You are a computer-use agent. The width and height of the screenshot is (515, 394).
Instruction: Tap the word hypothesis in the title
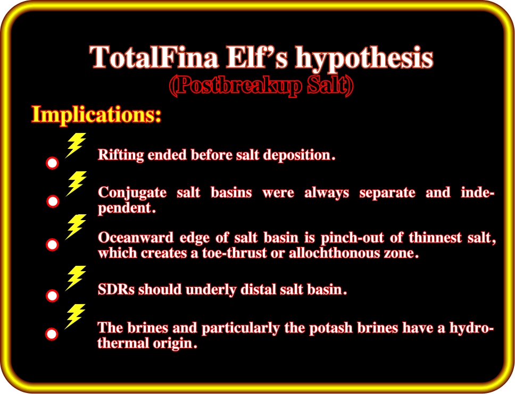364,58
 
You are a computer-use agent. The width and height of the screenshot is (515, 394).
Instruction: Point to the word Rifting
121,155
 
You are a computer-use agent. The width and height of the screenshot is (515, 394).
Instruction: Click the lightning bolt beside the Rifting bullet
76,146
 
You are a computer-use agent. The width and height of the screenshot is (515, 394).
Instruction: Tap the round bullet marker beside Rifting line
52,163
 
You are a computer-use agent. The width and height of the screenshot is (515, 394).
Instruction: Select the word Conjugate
132,192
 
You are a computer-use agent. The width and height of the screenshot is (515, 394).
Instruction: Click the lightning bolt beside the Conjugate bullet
76,184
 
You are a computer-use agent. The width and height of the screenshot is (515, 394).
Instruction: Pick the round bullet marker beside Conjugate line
53,202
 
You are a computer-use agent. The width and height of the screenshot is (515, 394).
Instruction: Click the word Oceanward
136,237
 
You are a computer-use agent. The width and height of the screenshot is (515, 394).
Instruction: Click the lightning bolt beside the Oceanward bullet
76,227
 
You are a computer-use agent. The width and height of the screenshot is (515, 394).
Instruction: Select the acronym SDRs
117,290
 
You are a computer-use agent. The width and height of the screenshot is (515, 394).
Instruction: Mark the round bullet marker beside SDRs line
52,296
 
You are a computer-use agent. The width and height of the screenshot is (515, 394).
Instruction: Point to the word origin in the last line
175,344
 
